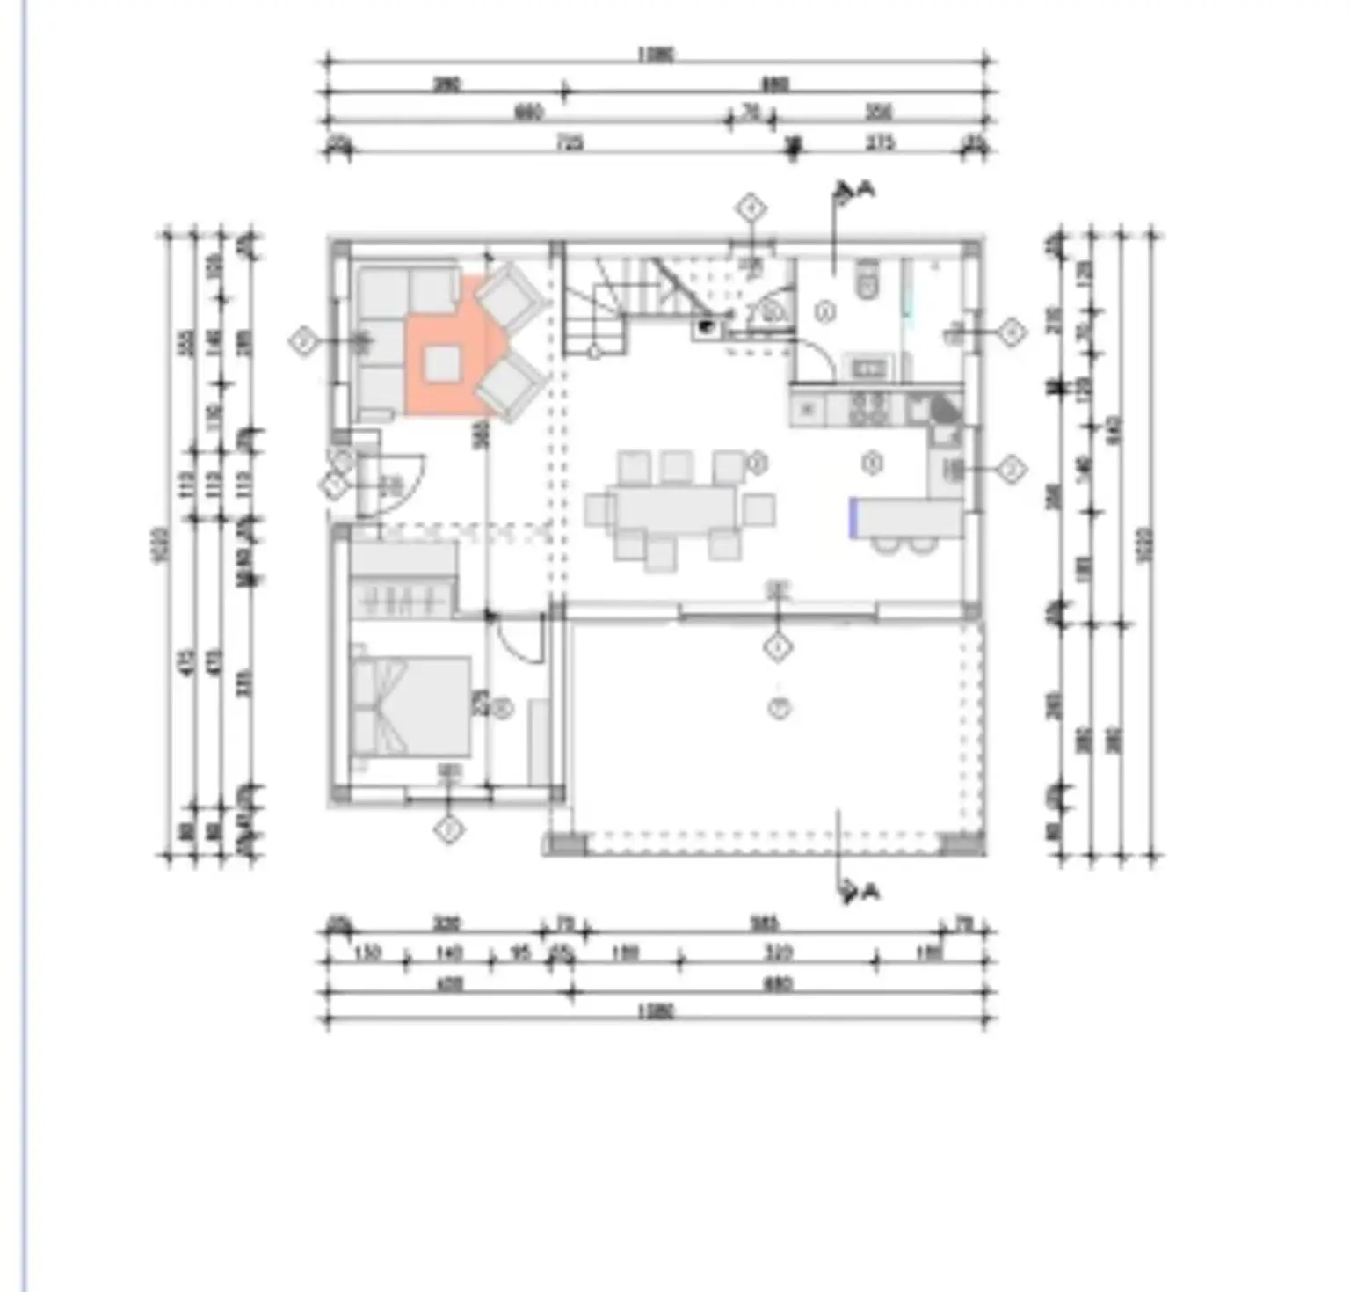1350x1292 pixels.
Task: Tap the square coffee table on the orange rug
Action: point(442,363)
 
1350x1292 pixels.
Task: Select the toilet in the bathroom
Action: point(867,280)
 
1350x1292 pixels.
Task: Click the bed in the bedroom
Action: point(410,706)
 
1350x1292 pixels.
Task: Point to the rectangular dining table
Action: point(675,508)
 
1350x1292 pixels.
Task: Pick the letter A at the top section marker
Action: point(867,188)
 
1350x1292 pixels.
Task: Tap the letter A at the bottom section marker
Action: point(870,892)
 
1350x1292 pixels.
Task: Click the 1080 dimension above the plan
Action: point(655,55)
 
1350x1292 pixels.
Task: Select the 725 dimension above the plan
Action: point(570,142)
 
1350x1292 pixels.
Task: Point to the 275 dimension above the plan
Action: point(880,142)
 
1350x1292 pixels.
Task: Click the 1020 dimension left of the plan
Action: point(159,545)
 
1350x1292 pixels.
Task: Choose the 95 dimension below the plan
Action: point(520,953)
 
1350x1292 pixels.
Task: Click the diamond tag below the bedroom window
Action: point(449,828)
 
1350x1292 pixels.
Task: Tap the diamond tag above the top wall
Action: point(751,209)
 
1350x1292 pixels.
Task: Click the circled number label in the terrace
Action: point(779,707)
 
